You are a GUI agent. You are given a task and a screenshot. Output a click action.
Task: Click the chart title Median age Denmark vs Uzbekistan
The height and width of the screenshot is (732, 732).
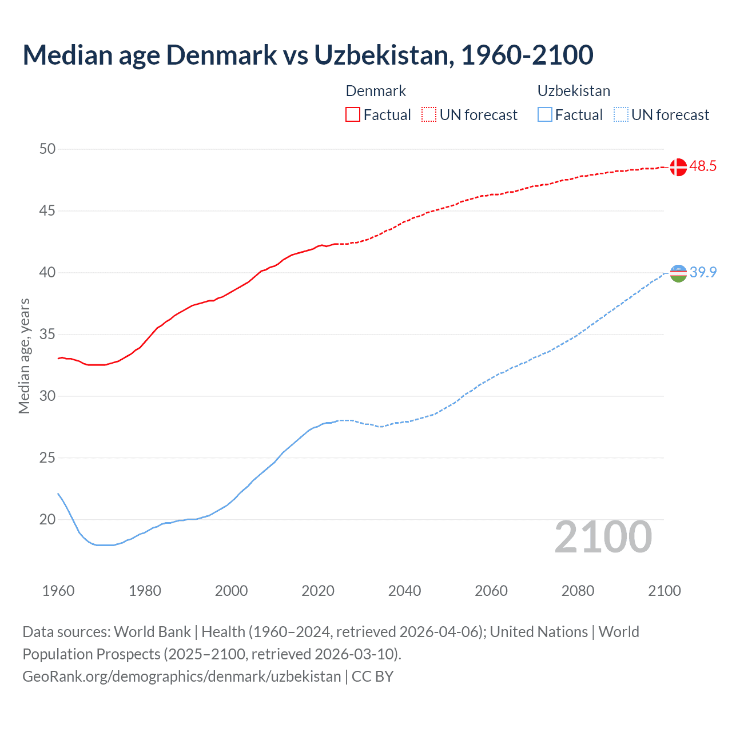308,55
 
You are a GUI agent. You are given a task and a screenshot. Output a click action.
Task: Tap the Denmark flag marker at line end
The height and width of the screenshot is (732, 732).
678,167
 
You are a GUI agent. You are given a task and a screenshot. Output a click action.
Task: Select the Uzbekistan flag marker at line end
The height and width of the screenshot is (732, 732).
678,273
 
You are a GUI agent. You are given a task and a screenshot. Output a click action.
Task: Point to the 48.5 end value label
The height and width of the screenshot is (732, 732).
703,166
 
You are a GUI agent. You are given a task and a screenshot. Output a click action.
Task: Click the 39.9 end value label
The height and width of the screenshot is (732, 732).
703,273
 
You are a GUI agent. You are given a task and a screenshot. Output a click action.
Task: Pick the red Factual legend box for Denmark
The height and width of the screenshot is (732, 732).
353,115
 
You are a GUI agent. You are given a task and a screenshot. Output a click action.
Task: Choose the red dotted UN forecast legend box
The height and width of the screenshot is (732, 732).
429,115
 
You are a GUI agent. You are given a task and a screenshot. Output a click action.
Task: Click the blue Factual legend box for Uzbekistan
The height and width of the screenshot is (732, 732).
545,115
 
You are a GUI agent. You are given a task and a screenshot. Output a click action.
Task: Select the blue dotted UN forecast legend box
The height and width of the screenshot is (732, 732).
620,115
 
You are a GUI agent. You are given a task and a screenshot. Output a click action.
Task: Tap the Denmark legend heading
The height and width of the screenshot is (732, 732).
376,91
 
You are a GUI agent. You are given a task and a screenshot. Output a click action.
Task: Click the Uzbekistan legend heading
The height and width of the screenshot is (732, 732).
574,91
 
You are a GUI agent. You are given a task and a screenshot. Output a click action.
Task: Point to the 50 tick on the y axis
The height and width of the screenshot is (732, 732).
47,149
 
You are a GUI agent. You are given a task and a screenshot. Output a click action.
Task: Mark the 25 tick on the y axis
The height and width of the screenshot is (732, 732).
47,458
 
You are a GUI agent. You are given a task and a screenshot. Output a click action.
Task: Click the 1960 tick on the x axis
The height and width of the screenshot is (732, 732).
58,591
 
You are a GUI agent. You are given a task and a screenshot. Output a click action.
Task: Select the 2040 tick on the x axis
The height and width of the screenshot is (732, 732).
404,591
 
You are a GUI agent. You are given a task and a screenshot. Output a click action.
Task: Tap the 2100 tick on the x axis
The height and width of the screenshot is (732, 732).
664,591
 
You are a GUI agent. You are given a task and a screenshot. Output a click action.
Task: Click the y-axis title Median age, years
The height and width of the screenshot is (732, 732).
24,356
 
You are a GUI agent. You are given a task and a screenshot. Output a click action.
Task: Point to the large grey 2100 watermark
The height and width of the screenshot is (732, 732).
603,537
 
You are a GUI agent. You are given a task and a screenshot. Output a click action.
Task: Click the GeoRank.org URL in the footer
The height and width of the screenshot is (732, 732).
181,677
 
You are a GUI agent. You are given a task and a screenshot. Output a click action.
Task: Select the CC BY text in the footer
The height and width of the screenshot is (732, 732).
372,677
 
